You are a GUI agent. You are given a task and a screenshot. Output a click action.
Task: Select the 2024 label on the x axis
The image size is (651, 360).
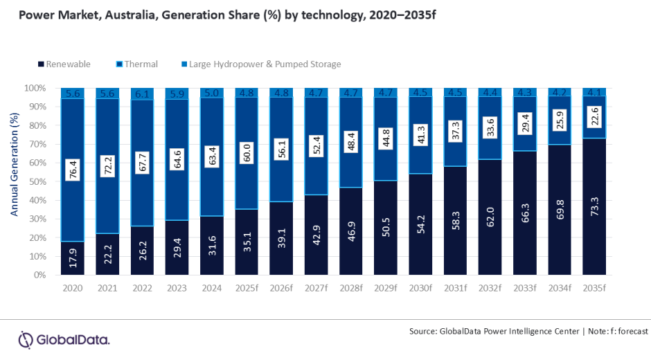(211, 287)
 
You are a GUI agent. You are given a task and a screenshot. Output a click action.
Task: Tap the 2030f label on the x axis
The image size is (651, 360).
(420, 287)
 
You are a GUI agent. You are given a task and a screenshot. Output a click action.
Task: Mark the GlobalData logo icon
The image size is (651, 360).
(26, 339)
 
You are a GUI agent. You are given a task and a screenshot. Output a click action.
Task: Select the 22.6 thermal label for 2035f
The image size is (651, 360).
(594, 121)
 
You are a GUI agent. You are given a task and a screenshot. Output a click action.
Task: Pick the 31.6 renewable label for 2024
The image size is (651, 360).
(211, 248)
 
